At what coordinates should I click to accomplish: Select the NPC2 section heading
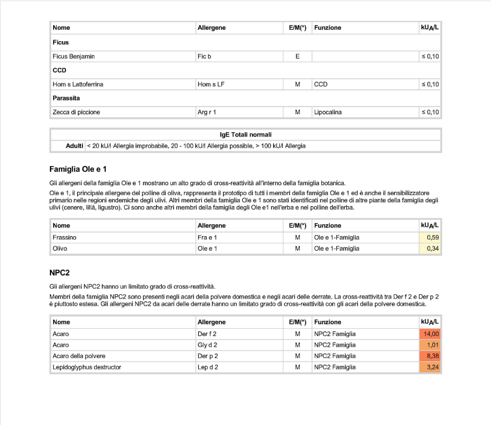(60, 272)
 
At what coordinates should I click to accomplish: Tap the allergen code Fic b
(204, 56)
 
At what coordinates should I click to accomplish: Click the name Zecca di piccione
(76, 112)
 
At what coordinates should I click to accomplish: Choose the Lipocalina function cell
(328, 112)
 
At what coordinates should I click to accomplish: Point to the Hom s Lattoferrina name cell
(78, 84)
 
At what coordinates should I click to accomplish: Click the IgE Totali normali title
(245, 135)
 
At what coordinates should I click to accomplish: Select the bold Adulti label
(75, 146)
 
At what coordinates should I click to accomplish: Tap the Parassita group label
(66, 98)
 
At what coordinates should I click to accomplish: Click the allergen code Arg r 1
(207, 112)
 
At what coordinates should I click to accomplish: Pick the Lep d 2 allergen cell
(208, 367)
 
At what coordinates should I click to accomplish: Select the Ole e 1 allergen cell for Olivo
(207, 249)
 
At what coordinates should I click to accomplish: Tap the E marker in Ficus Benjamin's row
(297, 56)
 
